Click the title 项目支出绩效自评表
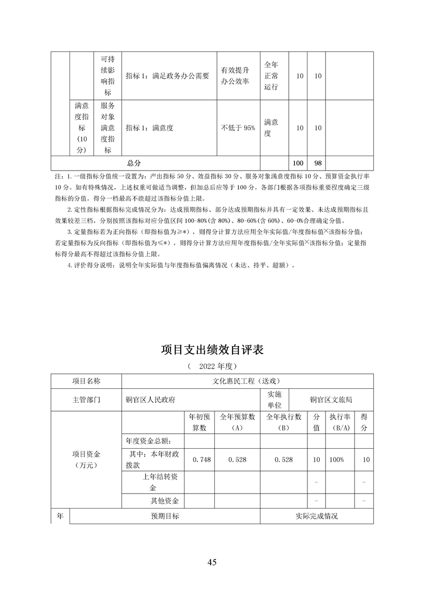coord(212,350)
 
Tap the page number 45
coord(212,562)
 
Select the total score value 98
coord(317,162)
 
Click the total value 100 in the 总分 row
coord(298,162)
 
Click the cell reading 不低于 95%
coord(238,128)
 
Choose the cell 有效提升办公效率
coord(236,76)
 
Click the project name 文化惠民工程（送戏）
coord(246,381)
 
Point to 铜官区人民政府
coord(151,399)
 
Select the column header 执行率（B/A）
coord(339,422)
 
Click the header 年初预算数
coord(199,422)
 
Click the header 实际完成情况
coord(317,516)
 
